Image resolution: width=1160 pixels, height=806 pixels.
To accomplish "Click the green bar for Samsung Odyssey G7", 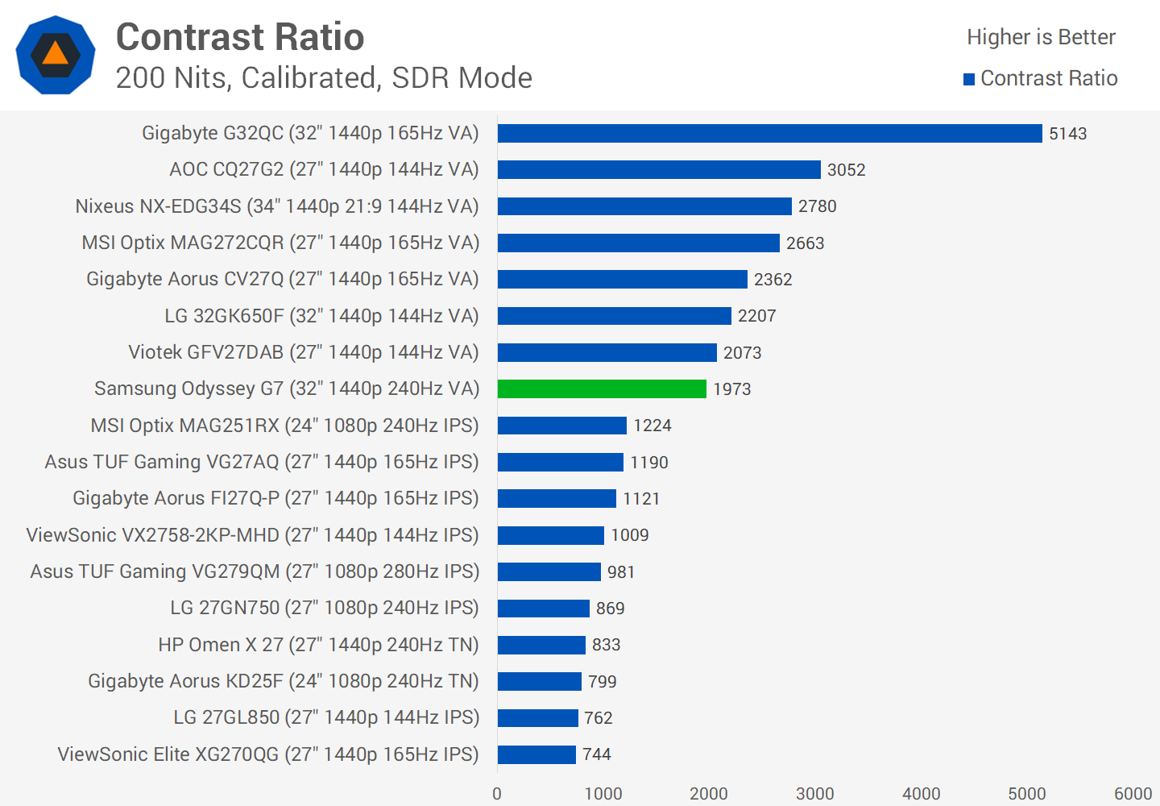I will [x=602, y=388].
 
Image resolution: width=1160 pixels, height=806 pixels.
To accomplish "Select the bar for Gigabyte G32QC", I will [x=769, y=133].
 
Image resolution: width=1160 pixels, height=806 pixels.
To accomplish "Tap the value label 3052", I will [x=846, y=170].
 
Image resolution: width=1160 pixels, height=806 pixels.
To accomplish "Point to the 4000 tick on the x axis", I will [x=921, y=794].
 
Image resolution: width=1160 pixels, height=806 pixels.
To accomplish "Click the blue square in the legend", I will [x=969, y=79].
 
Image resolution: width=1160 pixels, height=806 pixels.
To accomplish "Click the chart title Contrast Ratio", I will [x=240, y=37].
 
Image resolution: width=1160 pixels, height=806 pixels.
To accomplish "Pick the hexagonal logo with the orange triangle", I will [x=56, y=55].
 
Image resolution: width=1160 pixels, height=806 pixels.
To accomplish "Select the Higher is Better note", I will [x=1041, y=37].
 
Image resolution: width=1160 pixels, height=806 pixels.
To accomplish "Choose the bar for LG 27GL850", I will [x=537, y=717].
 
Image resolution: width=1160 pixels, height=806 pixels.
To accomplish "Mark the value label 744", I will [x=597, y=754].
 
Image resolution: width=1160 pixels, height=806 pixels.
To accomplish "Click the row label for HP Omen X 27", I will [x=318, y=645].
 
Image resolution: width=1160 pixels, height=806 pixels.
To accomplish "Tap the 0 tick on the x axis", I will [x=497, y=794].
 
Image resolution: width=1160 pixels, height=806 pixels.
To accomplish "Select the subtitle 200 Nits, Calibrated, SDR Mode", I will [x=324, y=78].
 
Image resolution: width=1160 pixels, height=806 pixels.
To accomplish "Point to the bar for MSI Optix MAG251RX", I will [x=561, y=426].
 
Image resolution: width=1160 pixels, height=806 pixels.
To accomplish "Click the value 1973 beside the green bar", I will [x=731, y=389].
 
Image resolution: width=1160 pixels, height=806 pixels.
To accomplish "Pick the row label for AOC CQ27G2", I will [x=324, y=169].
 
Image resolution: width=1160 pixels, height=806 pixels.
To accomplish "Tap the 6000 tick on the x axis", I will [x=1133, y=794].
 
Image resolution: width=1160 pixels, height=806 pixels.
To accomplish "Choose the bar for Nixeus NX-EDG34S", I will [x=644, y=206].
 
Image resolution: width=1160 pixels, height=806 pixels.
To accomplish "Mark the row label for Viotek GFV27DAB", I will [x=304, y=352].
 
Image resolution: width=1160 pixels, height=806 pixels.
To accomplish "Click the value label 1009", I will [x=629, y=535].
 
